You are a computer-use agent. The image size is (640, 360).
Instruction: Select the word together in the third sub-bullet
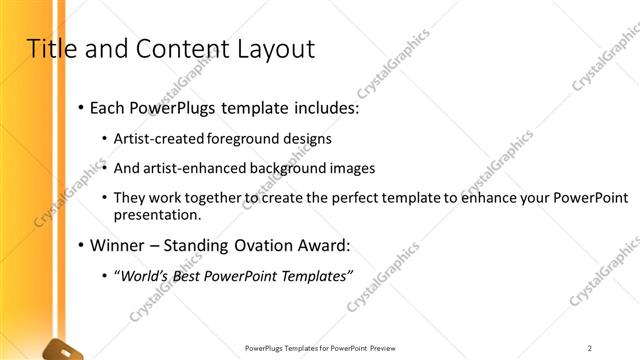click(x=204, y=198)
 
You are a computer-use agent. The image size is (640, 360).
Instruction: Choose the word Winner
click(x=117, y=245)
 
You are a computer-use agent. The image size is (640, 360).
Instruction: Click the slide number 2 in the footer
click(x=590, y=348)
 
